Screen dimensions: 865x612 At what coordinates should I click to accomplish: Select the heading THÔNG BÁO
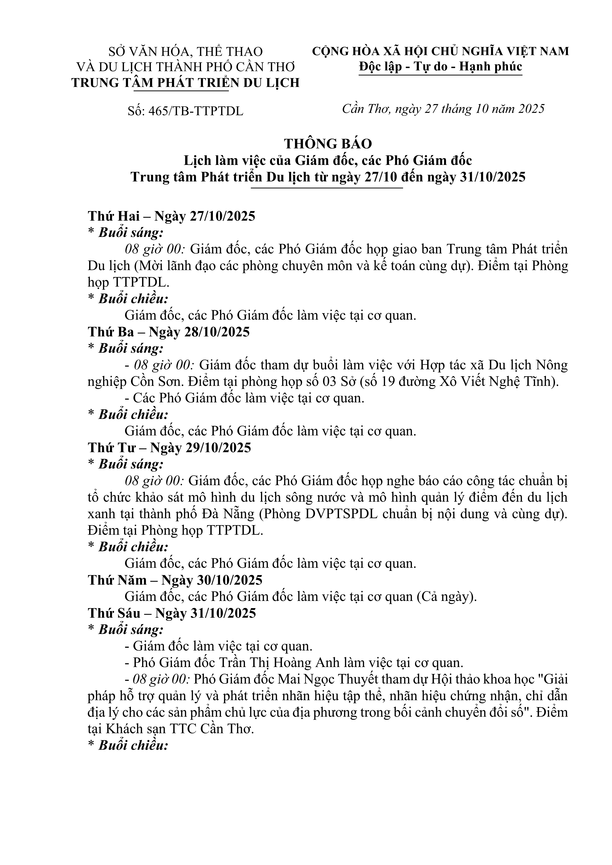click(328, 144)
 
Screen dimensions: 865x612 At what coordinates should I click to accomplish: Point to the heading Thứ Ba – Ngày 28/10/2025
click(169, 332)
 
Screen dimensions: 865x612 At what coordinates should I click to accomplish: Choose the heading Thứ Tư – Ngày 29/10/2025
click(169, 448)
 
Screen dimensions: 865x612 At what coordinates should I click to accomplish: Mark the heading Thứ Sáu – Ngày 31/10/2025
click(172, 613)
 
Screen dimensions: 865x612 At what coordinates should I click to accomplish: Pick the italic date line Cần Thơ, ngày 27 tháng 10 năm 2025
click(443, 109)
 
